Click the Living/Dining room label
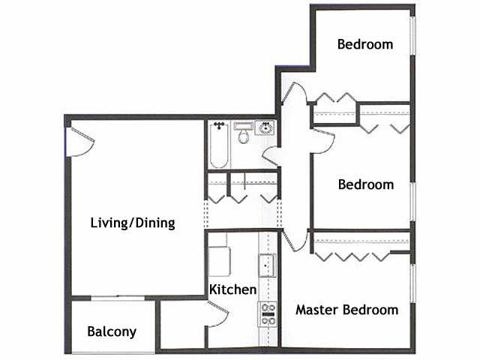click(x=132, y=223)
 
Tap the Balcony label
click(x=112, y=331)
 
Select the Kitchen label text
click(x=232, y=289)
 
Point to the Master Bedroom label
click(x=346, y=309)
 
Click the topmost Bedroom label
click(x=365, y=43)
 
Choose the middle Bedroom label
click(x=365, y=184)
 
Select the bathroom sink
click(x=266, y=129)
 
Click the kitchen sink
click(x=267, y=266)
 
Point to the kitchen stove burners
click(x=267, y=313)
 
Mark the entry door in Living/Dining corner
click(x=77, y=141)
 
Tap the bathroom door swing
click(x=271, y=155)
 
